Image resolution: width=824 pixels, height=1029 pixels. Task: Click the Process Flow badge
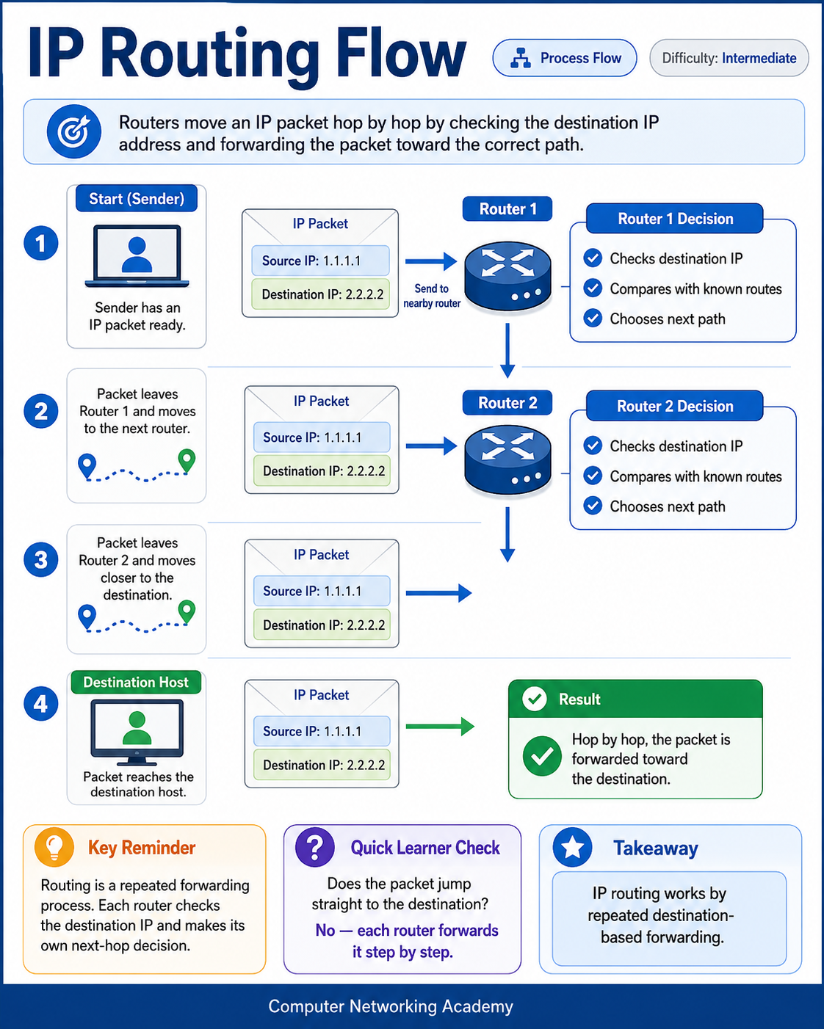pos(565,58)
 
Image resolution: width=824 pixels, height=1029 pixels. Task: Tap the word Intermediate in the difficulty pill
pos(759,58)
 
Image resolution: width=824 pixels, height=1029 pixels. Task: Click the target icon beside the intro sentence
pos(73,131)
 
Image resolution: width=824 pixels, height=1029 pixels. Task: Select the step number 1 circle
pos(41,243)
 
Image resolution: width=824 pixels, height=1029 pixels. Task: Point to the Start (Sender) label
pos(137,198)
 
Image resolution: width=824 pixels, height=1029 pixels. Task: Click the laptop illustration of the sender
pos(137,256)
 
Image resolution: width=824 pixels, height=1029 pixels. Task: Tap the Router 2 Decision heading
pos(675,406)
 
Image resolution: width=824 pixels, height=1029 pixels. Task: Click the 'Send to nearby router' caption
pos(432,296)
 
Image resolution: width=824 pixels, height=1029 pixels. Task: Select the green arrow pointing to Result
pos(440,727)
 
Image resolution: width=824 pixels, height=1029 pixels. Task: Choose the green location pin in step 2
pos(187,461)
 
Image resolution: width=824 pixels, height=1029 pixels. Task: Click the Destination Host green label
pos(136,682)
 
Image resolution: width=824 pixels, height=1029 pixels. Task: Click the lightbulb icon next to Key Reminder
pos(54,848)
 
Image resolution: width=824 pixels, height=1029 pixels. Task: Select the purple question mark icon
pos(315,848)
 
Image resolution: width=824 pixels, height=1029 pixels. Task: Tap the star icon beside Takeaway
pos(572,848)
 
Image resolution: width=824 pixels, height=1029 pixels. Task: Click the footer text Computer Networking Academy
pos(391,1006)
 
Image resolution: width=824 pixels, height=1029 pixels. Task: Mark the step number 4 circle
pos(41,703)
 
